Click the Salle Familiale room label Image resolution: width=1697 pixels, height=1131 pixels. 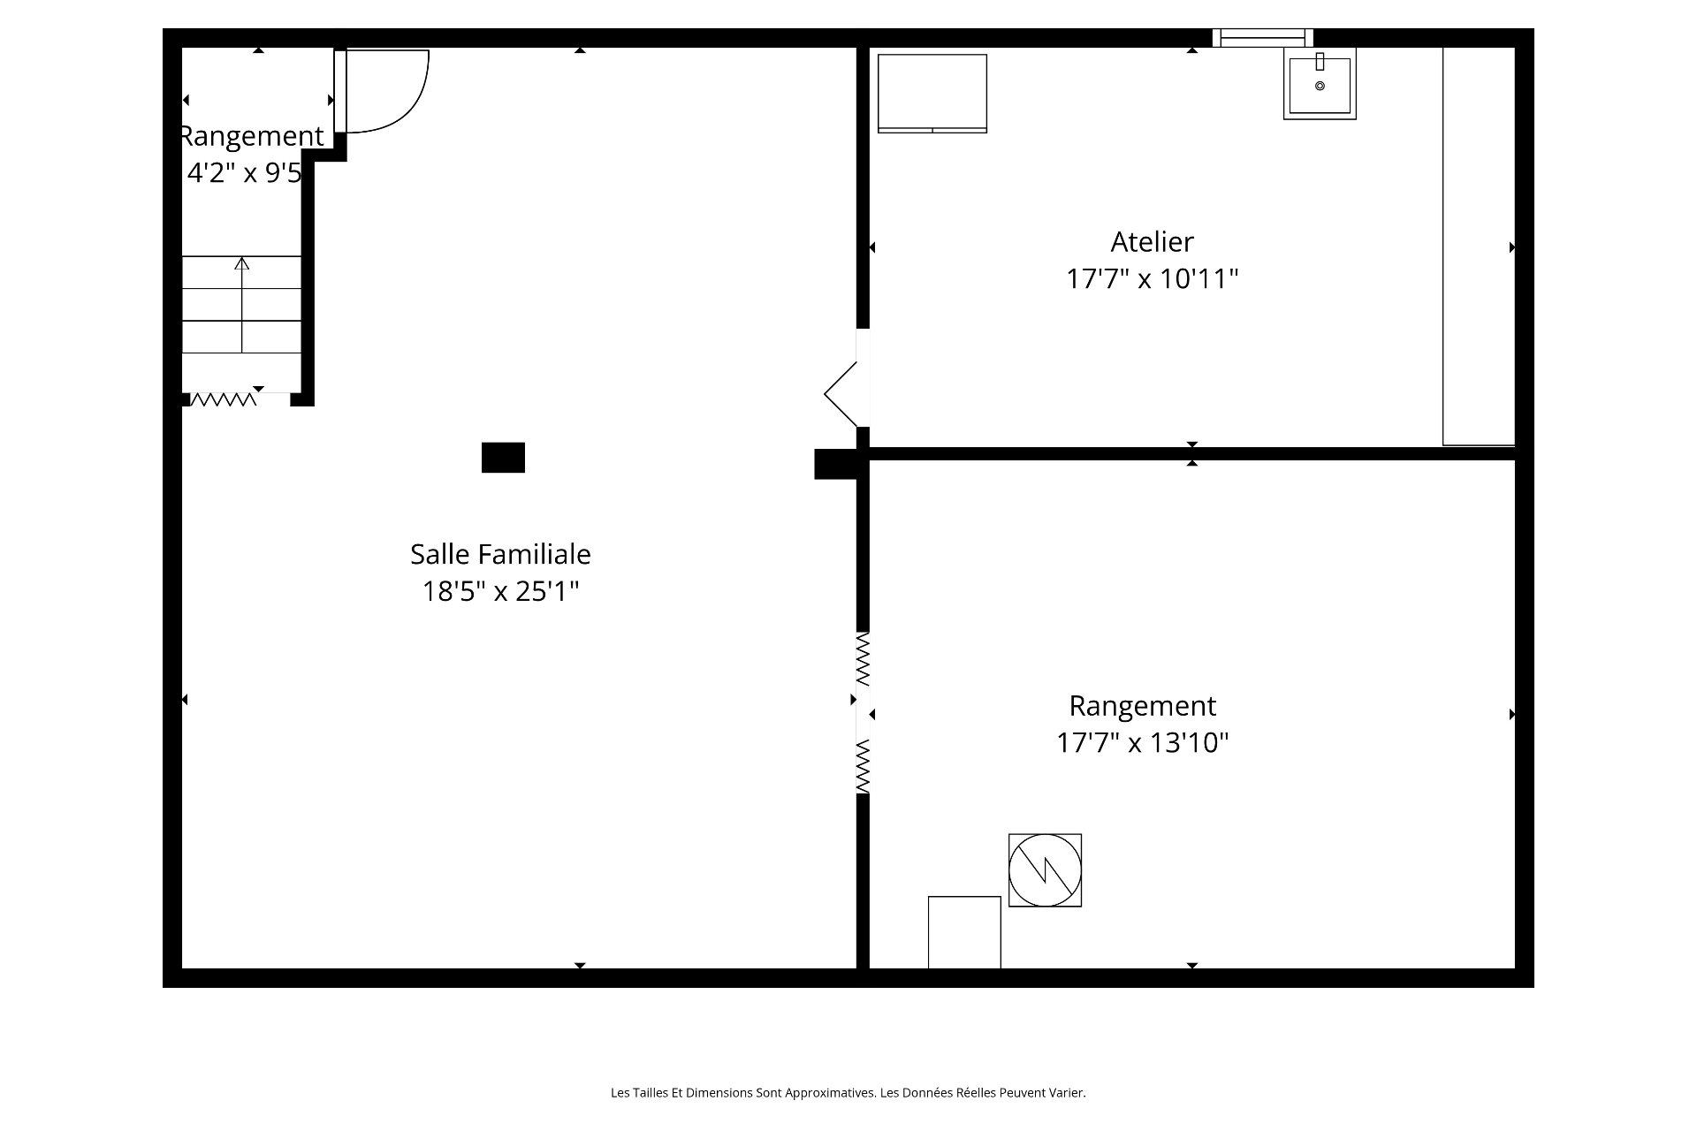[500, 554]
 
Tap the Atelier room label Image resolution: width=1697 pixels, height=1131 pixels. [1152, 241]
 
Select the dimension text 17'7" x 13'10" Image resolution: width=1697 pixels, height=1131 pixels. [1143, 743]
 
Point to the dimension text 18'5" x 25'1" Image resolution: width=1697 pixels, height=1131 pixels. [500, 591]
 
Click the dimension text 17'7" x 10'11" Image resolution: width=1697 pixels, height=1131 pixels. [1152, 279]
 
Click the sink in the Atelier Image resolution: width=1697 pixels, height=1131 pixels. [1320, 83]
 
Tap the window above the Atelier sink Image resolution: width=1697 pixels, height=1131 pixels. [1262, 37]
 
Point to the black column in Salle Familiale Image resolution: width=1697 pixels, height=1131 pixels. [503, 458]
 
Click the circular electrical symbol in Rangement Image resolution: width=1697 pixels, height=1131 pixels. [1045, 870]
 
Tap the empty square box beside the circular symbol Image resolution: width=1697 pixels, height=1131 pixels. [964, 932]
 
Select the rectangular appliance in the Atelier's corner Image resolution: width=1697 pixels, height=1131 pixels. [932, 94]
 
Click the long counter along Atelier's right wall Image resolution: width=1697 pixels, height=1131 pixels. [1479, 247]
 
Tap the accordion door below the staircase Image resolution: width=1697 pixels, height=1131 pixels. [224, 399]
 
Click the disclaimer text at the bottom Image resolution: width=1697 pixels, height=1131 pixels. [848, 1093]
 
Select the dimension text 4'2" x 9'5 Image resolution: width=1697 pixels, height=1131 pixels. [245, 173]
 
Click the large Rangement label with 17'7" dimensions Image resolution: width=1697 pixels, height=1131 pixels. [1143, 706]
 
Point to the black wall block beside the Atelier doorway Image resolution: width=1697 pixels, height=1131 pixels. [835, 465]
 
